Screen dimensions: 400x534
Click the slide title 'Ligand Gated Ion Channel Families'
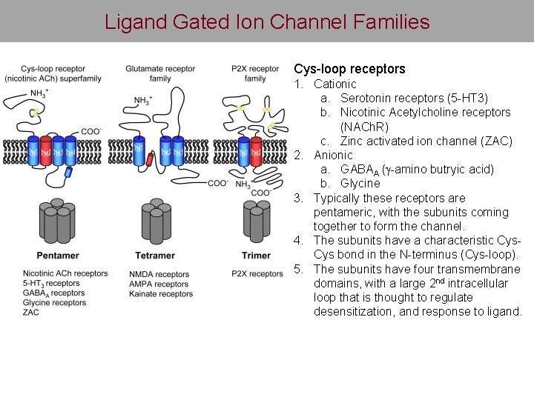(x=267, y=21)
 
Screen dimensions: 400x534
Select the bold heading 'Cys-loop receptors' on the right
(x=349, y=69)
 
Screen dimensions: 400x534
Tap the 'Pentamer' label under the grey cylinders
(x=57, y=256)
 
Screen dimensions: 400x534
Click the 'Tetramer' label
(x=155, y=256)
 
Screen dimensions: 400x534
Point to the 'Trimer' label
(x=256, y=256)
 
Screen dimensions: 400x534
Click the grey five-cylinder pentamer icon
(x=58, y=221)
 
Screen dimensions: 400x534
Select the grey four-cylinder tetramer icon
(x=156, y=220)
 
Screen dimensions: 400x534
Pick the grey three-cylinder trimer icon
(x=256, y=221)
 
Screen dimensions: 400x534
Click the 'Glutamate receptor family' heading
(x=160, y=73)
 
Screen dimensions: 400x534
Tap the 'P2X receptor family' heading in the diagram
(x=254, y=73)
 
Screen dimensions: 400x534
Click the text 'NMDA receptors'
(x=159, y=275)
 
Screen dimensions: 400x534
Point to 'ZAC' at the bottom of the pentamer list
(x=31, y=313)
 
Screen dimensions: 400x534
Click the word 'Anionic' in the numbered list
(x=333, y=155)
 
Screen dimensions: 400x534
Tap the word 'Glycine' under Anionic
(x=360, y=183)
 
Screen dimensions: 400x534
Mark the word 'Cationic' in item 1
(x=334, y=84)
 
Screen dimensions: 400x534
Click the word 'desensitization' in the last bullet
(x=352, y=311)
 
